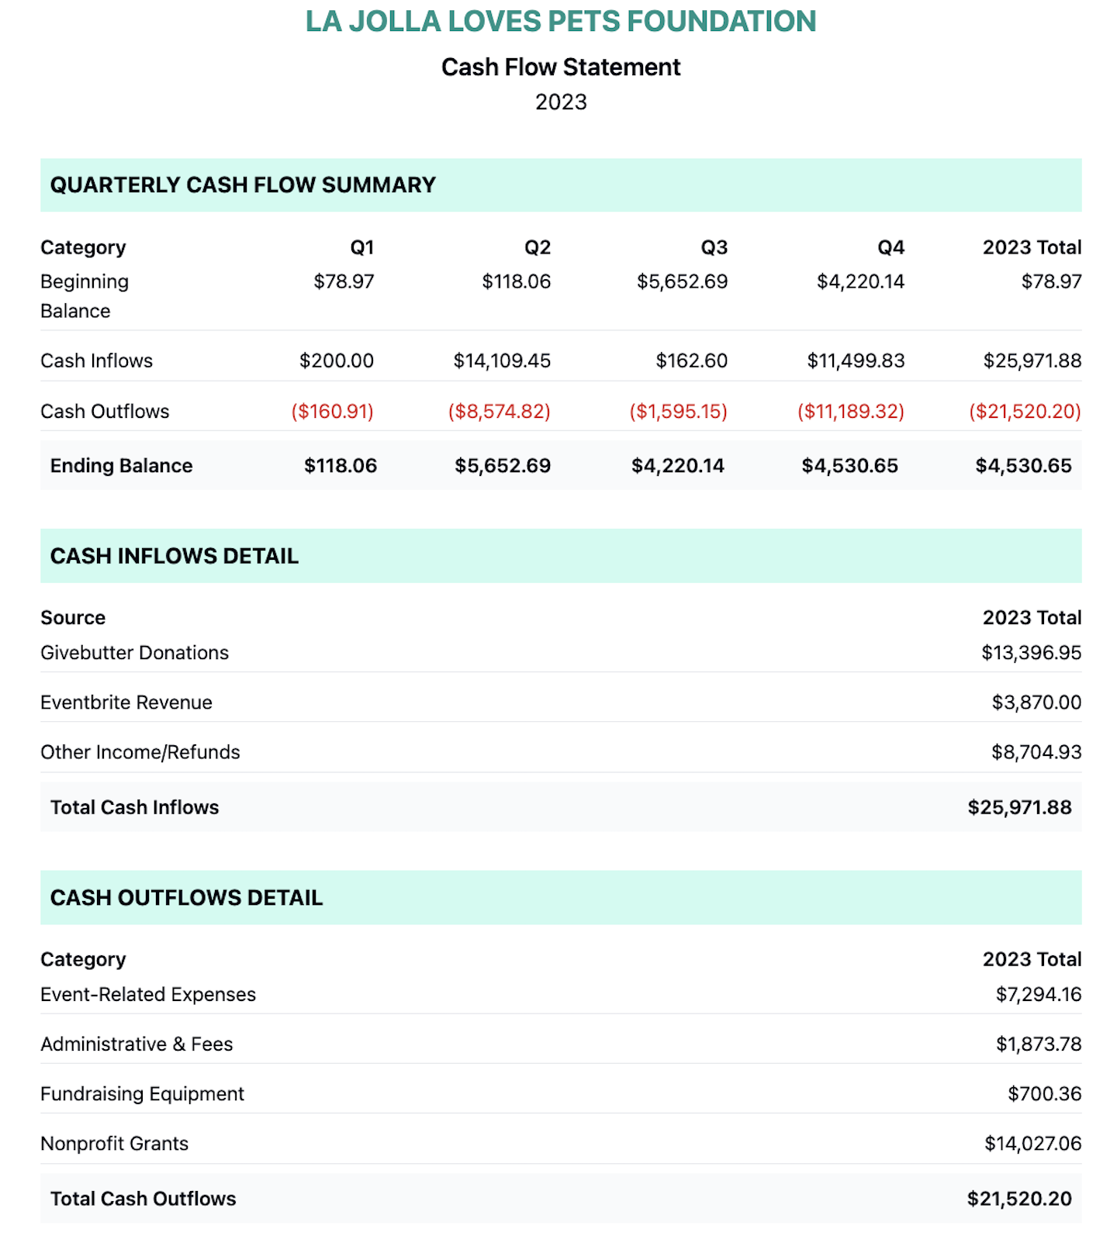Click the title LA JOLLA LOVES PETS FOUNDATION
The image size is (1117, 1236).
coord(560,22)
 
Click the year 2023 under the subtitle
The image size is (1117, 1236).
coord(561,102)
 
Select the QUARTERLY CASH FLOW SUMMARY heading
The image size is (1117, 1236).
coord(243,185)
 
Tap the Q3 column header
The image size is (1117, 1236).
coord(714,247)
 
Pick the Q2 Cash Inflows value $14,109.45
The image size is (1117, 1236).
coord(502,361)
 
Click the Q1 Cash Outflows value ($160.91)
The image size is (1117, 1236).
coord(332,411)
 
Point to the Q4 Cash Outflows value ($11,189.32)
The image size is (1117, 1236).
coord(850,411)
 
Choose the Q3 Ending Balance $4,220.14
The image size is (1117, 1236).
coord(677,465)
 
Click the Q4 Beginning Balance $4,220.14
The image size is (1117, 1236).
coord(860,281)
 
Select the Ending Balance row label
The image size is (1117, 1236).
coord(121,465)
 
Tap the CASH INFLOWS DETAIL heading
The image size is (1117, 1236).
coord(175,556)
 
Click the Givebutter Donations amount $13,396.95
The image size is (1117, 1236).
coord(1031,653)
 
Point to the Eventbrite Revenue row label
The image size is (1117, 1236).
coord(126,703)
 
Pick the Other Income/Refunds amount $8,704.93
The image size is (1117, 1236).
coord(1036,752)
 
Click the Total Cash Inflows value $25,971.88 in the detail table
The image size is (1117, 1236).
coord(1019,807)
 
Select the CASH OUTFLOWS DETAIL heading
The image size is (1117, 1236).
coord(186,898)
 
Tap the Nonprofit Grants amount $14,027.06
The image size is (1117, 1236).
coord(1032,1144)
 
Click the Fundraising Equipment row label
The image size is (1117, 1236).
coord(142,1094)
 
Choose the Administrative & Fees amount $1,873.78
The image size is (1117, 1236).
coord(1038,1044)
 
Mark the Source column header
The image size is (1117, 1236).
coord(73,618)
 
